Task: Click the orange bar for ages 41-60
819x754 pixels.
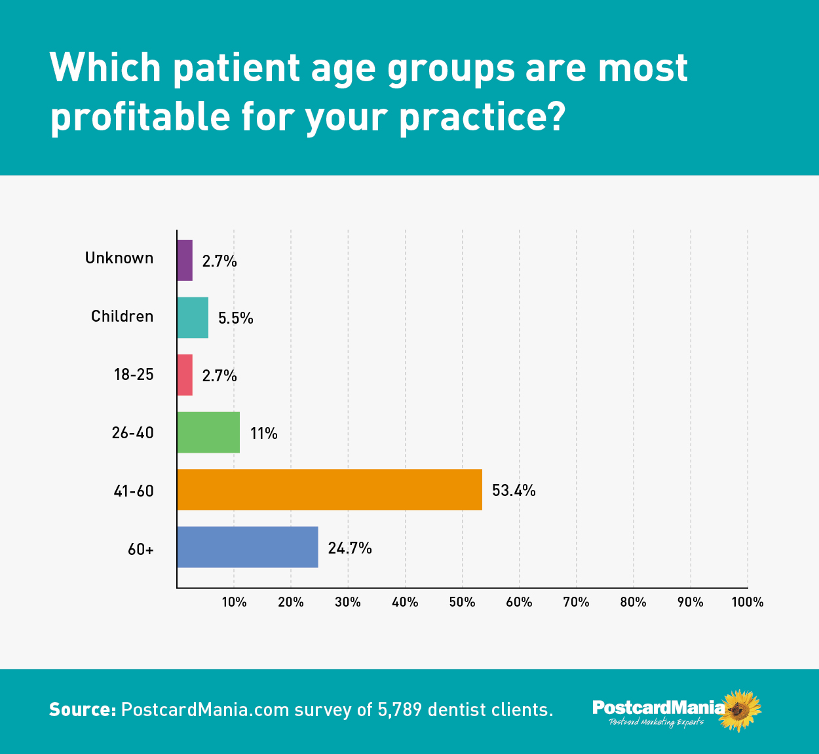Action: tap(330, 490)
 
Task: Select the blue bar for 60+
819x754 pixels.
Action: tap(248, 547)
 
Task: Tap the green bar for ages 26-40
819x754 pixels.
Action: tap(208, 432)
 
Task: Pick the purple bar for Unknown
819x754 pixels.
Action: tap(185, 260)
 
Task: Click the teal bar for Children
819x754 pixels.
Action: tap(193, 318)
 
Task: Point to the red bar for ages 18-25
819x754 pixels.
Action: tap(185, 375)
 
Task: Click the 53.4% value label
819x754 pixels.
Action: tap(514, 490)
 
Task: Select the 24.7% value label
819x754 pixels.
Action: tap(350, 548)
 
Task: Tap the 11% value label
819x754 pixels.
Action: tap(263, 433)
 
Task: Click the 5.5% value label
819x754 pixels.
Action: tap(235, 318)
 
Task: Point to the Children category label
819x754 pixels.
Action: tap(123, 316)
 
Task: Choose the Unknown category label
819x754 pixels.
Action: tap(119, 258)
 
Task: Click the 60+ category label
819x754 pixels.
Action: tap(141, 549)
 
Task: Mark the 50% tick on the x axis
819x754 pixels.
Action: tap(462, 602)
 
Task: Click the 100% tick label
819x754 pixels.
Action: tap(748, 602)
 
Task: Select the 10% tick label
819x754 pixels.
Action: tap(234, 602)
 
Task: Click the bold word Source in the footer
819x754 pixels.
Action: tap(83, 709)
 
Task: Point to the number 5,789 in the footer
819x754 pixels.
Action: tap(400, 710)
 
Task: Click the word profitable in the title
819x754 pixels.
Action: tap(140, 117)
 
